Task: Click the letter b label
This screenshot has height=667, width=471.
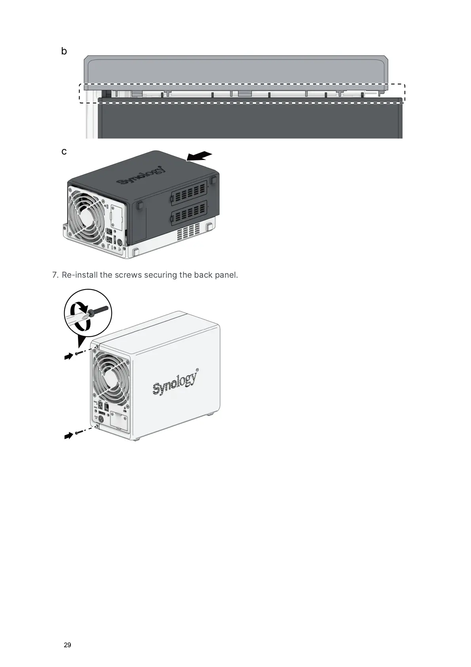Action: click(64, 51)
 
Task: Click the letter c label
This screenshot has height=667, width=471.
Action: click(64, 152)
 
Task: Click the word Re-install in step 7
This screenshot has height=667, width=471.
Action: click(79, 275)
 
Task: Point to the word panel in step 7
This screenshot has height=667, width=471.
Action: click(226, 275)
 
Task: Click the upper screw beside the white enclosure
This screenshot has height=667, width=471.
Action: click(80, 353)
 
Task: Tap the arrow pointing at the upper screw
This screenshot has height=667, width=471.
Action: click(69, 356)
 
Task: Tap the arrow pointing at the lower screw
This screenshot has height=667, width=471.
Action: click(69, 436)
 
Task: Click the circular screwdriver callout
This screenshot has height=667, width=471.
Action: click(88, 313)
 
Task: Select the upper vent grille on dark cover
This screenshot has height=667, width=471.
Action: click(189, 193)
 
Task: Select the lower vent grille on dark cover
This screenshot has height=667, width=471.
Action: click(189, 214)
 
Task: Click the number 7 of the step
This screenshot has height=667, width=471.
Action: click(55, 275)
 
